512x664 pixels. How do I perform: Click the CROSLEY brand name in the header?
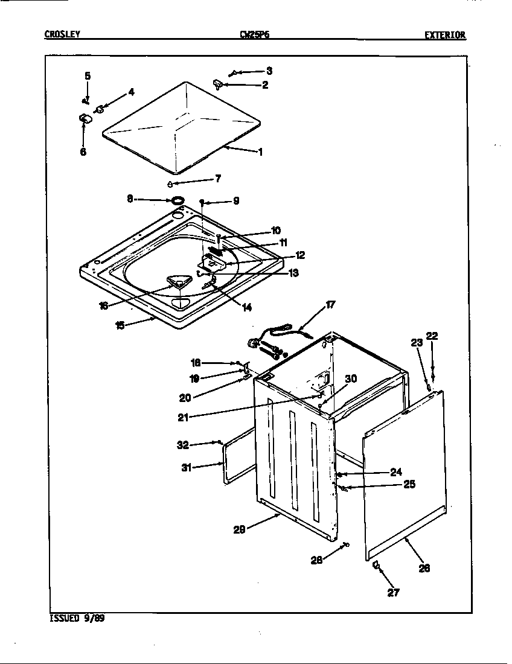pos(62,34)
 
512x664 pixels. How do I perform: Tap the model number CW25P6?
pos(254,35)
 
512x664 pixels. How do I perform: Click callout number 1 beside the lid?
pos(260,152)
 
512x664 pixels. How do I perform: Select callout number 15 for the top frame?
pos(120,325)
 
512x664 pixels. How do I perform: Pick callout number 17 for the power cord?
pos(330,305)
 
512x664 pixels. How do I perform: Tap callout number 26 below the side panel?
pos(424,567)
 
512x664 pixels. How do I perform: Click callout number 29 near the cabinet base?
pos(240,529)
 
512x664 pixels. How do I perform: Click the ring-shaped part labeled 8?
pos(178,200)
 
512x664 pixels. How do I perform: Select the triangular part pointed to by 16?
pos(176,283)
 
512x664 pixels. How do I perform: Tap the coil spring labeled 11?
pos(217,249)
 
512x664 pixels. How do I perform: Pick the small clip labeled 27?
pos(375,565)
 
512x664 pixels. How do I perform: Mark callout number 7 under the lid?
pos(217,179)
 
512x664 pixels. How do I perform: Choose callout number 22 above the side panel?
pos(432,336)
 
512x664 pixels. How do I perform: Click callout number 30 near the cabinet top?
pos(351,378)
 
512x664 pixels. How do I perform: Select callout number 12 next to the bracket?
pos(299,255)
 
